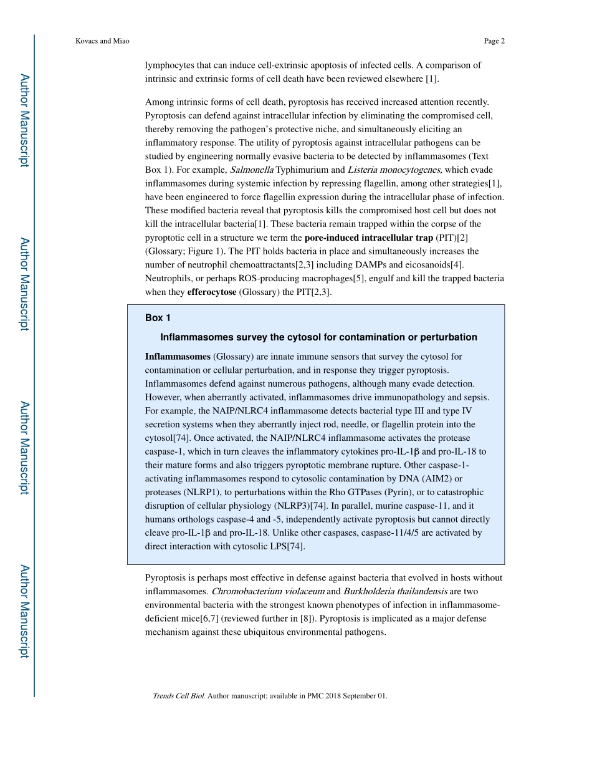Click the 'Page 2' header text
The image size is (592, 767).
pos(494,41)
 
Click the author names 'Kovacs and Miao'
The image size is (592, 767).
pos(102,41)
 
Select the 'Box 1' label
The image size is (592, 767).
pos(158,318)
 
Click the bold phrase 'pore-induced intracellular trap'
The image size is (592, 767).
pos(368,238)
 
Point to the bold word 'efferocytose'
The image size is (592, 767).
pos(212,291)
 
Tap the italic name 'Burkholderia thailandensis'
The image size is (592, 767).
pos(395,591)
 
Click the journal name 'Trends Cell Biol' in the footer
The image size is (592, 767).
pos(178,696)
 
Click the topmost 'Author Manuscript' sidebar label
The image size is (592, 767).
pos(24,120)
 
